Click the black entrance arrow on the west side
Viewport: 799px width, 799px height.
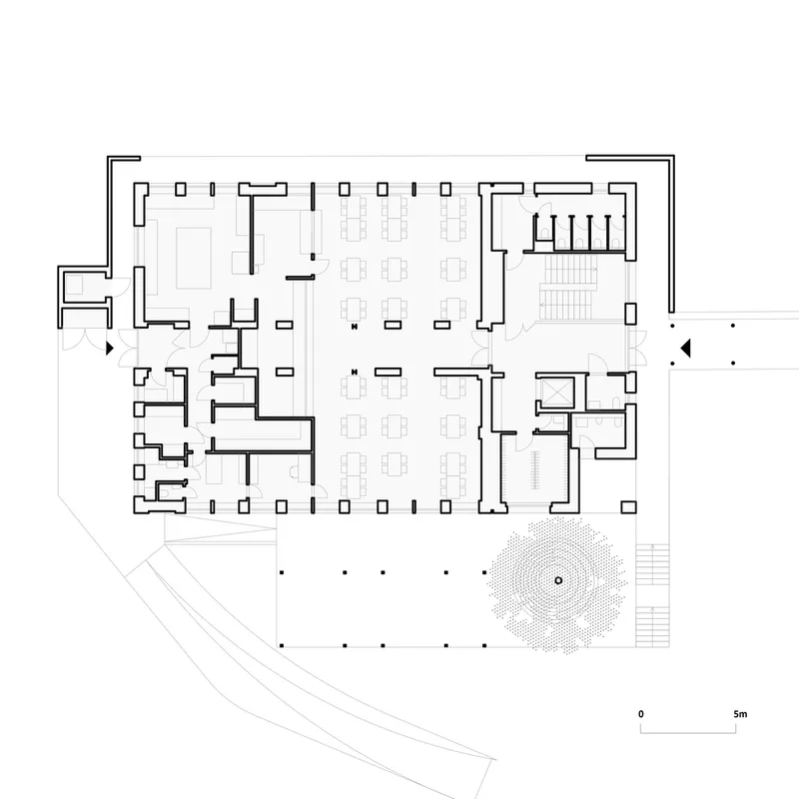point(110,349)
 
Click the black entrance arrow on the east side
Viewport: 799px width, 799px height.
point(686,348)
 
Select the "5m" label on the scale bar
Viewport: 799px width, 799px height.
point(740,714)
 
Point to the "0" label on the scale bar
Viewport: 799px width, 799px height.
point(641,714)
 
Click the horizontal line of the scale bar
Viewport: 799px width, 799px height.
point(688,733)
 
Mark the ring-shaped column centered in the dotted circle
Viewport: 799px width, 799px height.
point(558,580)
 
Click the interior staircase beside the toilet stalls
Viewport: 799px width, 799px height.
point(568,287)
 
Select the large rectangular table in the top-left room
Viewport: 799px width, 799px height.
point(194,258)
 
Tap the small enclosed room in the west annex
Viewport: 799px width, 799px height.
point(75,285)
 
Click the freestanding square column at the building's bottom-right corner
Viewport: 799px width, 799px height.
point(629,507)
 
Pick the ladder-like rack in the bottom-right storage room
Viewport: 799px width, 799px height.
point(535,469)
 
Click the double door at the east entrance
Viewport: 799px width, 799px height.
point(637,349)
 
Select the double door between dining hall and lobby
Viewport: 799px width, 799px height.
point(481,349)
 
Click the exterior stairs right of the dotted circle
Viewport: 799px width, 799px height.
point(652,595)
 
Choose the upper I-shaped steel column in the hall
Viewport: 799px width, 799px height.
point(354,327)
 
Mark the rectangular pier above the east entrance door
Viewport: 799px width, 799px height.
point(630,314)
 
